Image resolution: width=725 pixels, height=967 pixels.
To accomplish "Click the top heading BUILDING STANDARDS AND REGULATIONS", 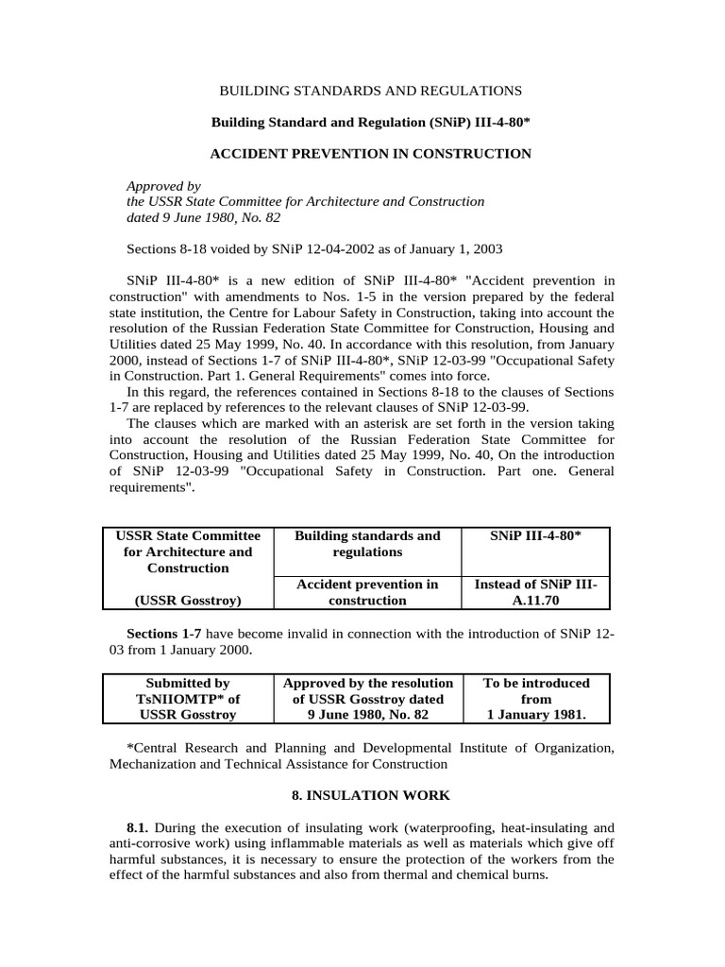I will (370, 91).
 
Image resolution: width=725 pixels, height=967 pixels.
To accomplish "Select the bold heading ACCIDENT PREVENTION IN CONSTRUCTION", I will (370, 153).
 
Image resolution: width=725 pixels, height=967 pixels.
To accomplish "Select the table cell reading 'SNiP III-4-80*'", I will (535, 535).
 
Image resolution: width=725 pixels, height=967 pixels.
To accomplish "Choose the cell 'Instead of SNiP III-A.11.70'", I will (535, 592).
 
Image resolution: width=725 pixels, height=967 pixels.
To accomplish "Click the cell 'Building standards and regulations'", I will (367, 543).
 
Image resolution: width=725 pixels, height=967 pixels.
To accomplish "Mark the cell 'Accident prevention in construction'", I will (367, 592).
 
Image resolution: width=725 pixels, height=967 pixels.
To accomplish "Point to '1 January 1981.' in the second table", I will (535, 715).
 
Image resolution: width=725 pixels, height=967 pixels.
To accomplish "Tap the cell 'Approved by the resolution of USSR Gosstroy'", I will (367, 698).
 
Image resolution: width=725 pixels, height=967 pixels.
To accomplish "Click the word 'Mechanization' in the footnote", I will (151, 763).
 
